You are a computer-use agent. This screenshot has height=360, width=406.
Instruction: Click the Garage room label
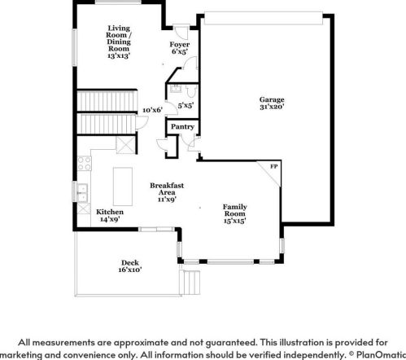tap(272, 99)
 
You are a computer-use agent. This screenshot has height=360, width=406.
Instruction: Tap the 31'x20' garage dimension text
tap(272, 107)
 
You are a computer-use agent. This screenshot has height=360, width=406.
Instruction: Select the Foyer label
tap(180, 45)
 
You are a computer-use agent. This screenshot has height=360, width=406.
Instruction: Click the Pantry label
tap(182, 127)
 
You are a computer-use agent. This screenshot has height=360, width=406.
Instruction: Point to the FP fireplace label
tap(274, 166)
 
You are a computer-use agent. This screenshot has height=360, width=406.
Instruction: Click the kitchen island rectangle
tap(123, 187)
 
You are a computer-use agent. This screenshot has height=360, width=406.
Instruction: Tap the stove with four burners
tap(85, 164)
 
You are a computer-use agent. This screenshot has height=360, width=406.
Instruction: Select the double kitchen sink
tap(82, 193)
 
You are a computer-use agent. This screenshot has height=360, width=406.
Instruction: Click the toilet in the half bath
tap(192, 91)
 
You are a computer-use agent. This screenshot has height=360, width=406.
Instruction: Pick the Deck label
tap(130, 263)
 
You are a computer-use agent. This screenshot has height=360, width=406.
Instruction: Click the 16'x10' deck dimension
tap(130, 270)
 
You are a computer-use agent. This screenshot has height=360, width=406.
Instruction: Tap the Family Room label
tap(235, 210)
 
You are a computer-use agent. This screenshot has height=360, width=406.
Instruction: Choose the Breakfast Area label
tap(167, 189)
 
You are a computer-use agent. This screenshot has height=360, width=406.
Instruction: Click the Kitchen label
tap(110, 212)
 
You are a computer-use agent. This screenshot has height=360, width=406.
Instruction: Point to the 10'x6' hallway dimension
tap(152, 110)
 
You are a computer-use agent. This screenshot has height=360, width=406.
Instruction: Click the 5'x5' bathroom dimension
tap(186, 106)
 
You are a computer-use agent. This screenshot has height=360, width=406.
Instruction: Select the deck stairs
tap(190, 283)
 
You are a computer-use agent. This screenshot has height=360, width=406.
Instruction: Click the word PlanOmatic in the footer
tap(381, 355)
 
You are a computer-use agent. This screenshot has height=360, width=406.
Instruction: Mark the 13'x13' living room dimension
tap(119, 56)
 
